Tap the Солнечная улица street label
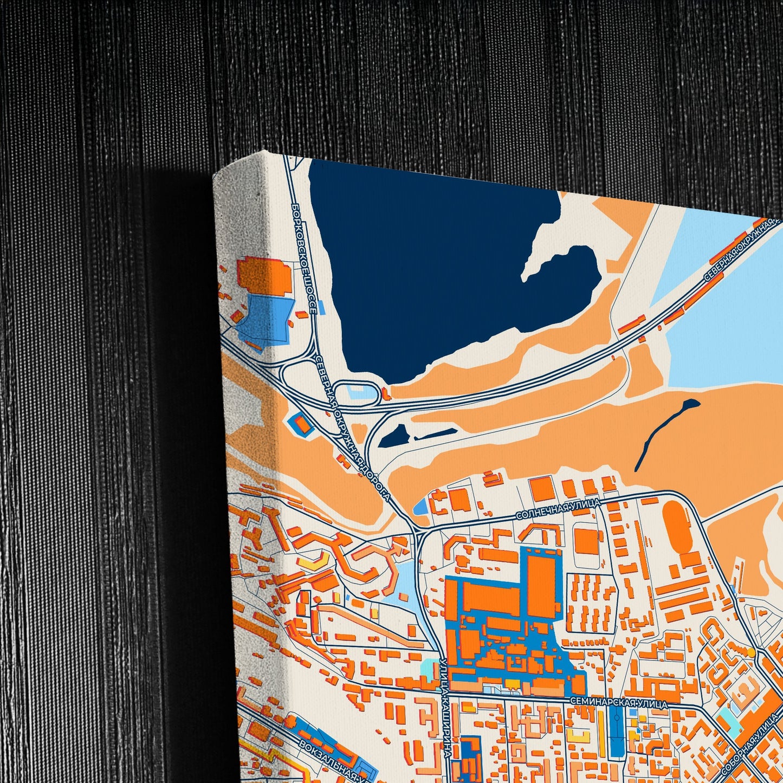(558, 509)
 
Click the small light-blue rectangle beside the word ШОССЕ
(322, 307)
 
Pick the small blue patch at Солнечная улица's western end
(419, 508)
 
